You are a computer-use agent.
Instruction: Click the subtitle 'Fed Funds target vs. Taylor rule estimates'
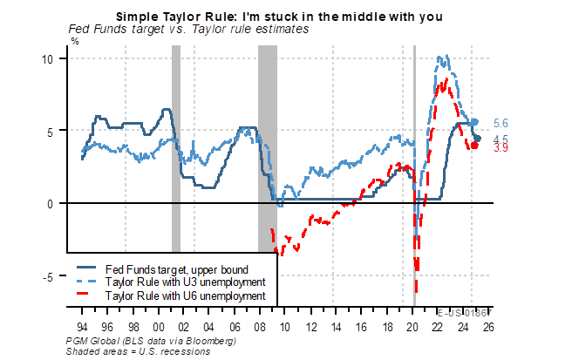coord(188,28)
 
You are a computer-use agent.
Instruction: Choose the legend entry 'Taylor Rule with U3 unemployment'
coord(184,282)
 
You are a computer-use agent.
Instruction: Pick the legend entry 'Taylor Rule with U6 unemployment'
coord(184,296)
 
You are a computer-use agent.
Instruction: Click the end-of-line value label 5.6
coord(501,123)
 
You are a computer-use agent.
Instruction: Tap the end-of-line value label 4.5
coord(501,139)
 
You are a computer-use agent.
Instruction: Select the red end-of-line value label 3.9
coord(501,148)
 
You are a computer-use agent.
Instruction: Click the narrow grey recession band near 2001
coord(175,174)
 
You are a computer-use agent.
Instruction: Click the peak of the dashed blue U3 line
coord(443,59)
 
